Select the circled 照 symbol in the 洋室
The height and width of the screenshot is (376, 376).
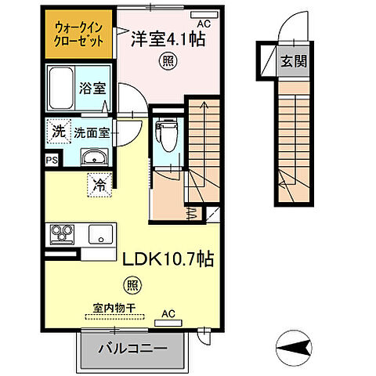(166, 60)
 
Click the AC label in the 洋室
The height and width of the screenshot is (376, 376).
(204, 23)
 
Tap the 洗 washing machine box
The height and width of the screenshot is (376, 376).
(59, 131)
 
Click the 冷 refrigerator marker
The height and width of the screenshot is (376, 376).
(99, 186)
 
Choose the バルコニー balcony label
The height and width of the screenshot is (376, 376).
(132, 348)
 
